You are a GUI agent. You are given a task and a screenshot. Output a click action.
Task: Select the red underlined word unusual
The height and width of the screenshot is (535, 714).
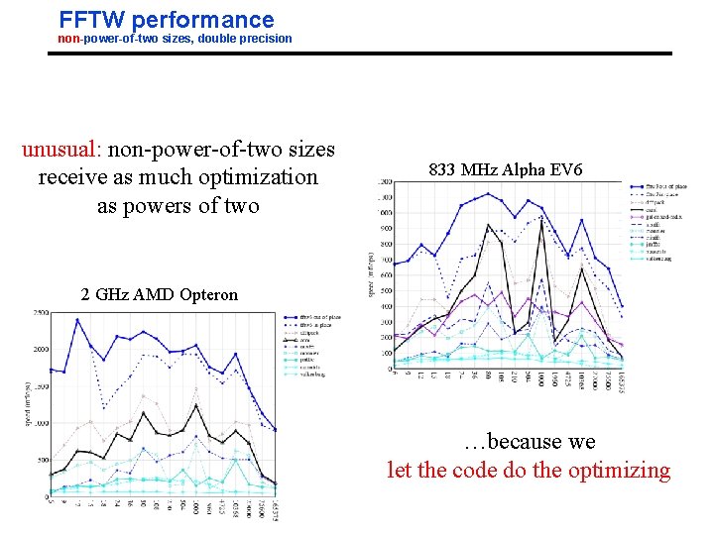click(x=60, y=150)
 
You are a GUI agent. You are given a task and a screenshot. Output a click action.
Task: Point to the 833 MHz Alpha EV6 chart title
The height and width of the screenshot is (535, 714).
click(x=500, y=170)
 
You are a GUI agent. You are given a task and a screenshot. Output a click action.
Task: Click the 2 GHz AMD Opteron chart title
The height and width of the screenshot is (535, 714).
click(x=160, y=294)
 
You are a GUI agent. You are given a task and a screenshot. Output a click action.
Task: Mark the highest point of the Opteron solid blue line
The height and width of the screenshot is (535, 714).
click(x=77, y=319)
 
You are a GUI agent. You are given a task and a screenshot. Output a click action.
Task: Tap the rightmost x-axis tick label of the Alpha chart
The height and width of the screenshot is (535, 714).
click(x=621, y=381)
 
